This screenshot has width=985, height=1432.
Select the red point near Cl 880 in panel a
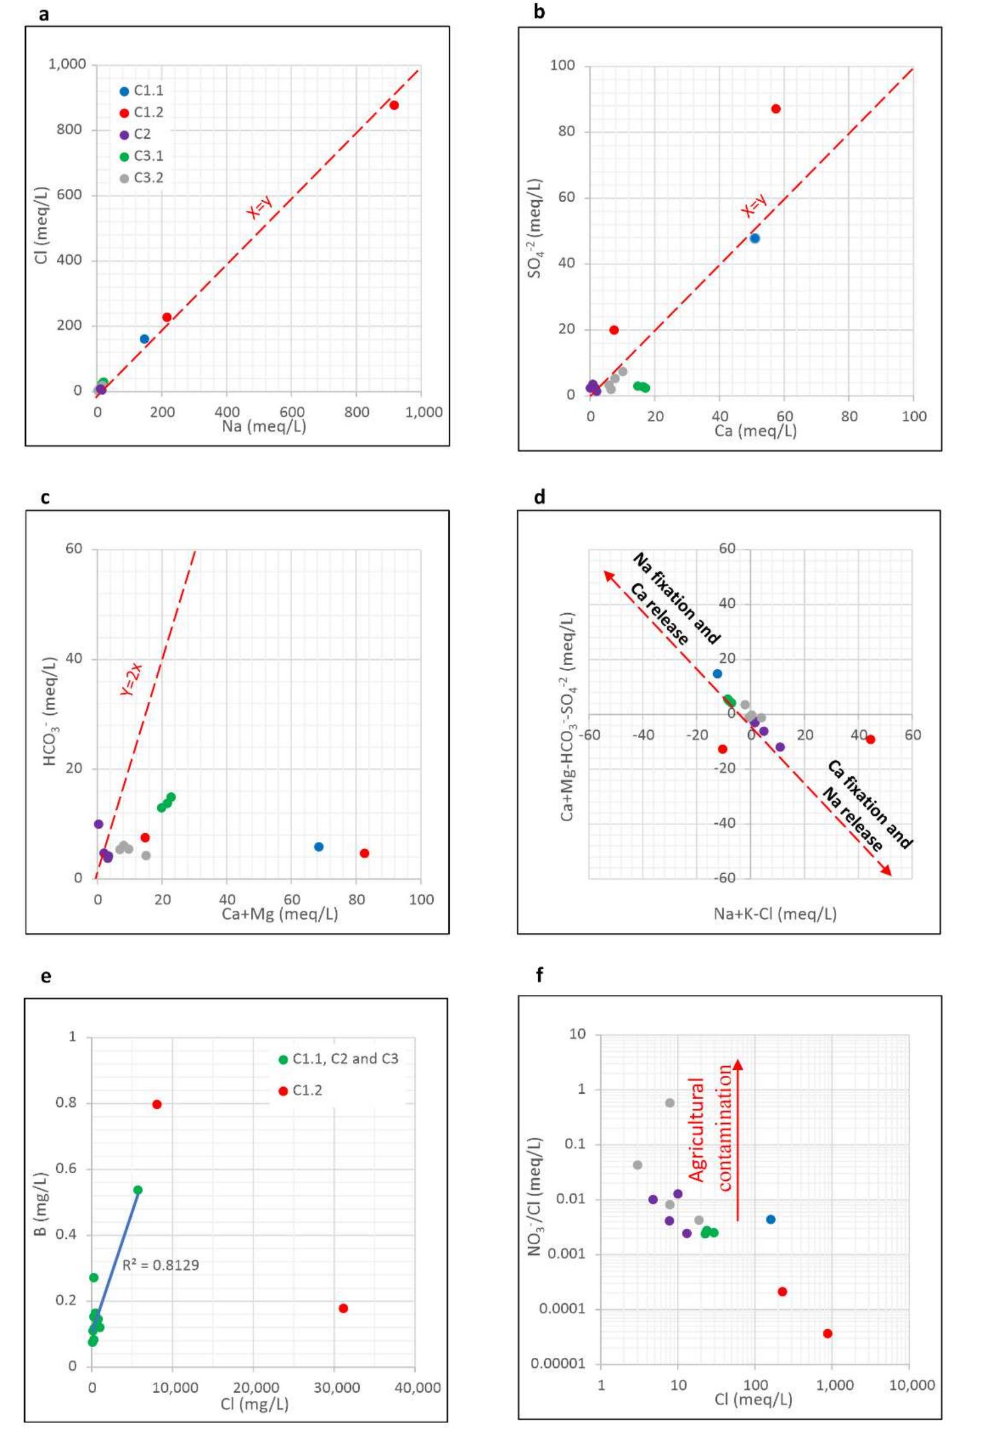click(x=394, y=106)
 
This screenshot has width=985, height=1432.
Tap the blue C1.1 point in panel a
click(x=145, y=339)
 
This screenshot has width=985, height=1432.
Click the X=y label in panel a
click(x=260, y=206)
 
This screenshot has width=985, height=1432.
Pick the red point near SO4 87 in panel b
click(x=776, y=109)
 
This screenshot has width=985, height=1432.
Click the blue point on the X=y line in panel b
click(x=754, y=238)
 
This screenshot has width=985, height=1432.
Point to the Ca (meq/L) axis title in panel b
click(x=756, y=431)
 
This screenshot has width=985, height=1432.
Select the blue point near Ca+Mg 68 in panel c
click(x=318, y=847)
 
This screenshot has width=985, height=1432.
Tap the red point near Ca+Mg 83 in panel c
click(x=364, y=853)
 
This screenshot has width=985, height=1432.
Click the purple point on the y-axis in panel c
click(x=98, y=824)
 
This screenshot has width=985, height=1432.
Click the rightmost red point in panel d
click(x=870, y=739)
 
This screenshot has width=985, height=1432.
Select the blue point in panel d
click(x=717, y=674)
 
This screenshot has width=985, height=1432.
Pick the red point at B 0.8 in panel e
click(x=157, y=1104)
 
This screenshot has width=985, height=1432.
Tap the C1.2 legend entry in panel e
click(x=307, y=1091)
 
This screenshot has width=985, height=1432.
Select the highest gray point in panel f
click(x=670, y=1103)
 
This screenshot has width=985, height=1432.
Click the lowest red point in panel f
click(x=828, y=1334)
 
